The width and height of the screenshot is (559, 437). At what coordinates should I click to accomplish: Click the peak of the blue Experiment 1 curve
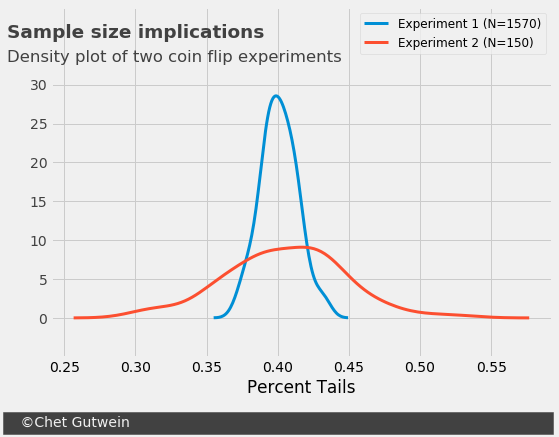pyautogui.click(x=276, y=96)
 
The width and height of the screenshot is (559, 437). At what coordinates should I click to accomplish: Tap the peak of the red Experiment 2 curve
pyautogui.click(x=302, y=247)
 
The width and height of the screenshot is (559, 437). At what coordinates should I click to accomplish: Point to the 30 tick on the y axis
pyautogui.click(x=39, y=86)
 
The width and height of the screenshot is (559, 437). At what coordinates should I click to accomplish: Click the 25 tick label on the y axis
pyautogui.click(x=39, y=124)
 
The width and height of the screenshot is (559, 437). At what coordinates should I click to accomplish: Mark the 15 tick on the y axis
pyautogui.click(x=39, y=202)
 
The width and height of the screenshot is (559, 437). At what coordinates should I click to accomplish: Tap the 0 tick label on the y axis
pyautogui.click(x=43, y=319)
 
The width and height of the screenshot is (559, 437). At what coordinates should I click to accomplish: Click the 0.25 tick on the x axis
pyautogui.click(x=65, y=367)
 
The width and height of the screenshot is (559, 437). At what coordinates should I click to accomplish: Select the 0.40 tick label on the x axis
pyautogui.click(x=278, y=367)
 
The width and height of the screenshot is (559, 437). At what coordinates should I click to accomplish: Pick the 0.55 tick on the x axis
pyautogui.click(x=492, y=367)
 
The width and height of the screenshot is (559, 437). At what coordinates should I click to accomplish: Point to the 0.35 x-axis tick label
pyautogui.click(x=207, y=367)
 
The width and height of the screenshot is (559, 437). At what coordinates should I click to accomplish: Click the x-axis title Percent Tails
pyautogui.click(x=301, y=387)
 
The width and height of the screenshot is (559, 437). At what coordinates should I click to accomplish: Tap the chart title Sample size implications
pyautogui.click(x=135, y=32)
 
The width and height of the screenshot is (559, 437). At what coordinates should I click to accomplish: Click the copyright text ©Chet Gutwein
pyautogui.click(x=75, y=422)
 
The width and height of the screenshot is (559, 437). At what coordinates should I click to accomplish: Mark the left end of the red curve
pyautogui.click(x=74, y=318)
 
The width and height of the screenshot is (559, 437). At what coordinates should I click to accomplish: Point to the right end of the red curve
pyautogui.click(x=529, y=318)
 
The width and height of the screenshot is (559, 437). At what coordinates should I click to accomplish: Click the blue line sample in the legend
pyautogui.click(x=376, y=24)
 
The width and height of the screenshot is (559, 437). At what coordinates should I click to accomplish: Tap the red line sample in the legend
pyautogui.click(x=376, y=43)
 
